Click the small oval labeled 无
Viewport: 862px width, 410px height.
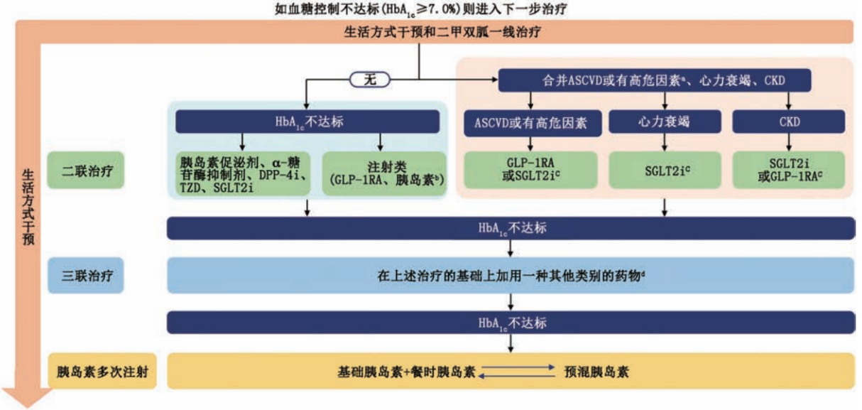[370, 80]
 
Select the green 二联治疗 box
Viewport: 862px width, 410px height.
[86, 170]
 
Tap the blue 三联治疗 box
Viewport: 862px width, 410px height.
[86, 275]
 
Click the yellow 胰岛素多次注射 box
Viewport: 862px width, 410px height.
[102, 371]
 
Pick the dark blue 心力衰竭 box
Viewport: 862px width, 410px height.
[665, 122]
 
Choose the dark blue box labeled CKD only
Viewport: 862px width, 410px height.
[788, 122]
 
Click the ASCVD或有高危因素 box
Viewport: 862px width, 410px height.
[533, 123]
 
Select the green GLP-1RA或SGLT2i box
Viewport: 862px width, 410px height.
[530, 170]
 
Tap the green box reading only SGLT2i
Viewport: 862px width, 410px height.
[665, 170]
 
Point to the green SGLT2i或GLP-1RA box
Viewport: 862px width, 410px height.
[788, 170]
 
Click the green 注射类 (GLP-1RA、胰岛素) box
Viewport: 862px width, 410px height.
[384, 173]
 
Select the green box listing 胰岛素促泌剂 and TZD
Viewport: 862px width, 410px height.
[243, 173]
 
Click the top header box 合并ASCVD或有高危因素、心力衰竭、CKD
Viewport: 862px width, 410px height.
[655, 80]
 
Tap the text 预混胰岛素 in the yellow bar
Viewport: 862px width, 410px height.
[596, 372]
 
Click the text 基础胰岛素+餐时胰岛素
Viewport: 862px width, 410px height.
[406, 372]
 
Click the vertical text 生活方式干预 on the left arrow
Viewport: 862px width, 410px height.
[28, 207]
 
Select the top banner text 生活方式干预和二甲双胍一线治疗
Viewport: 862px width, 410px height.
[442, 31]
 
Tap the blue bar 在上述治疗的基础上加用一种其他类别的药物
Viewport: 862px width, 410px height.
[511, 275]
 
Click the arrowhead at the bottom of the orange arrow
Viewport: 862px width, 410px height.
[27, 398]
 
